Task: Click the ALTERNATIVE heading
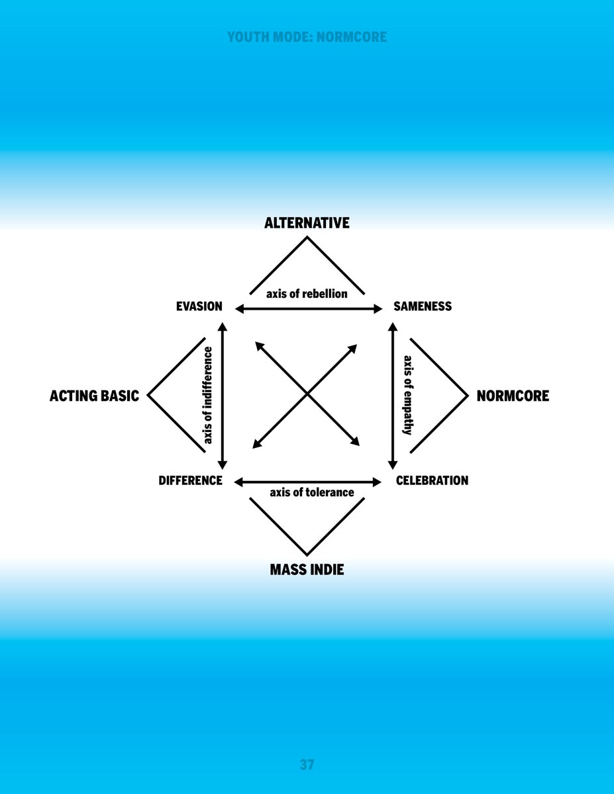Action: (307, 223)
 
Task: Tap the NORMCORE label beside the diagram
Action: (513, 396)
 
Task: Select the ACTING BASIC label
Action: (94, 396)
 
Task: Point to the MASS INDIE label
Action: (307, 570)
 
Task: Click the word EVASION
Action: (199, 307)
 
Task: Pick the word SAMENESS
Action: (423, 307)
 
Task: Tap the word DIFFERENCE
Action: (190, 481)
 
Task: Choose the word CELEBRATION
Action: (432, 481)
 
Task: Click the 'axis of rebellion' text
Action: (307, 294)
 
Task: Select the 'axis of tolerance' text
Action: (312, 493)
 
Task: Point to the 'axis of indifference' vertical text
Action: (209, 395)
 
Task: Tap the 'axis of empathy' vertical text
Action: (408, 395)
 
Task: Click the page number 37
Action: (307, 765)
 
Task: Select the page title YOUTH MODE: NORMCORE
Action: (307, 37)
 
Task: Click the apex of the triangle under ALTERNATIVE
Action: (307, 238)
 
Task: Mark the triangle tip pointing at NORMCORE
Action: (467, 396)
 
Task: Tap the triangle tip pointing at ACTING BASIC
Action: (148, 396)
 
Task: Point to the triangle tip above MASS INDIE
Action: (307, 554)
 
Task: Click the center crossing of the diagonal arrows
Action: (307, 395)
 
